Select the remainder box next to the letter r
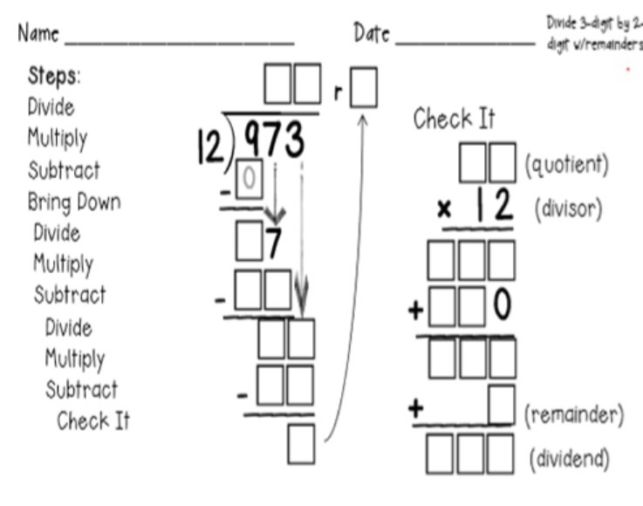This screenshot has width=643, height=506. pyautogui.click(x=364, y=89)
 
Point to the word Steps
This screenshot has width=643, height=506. pyautogui.click(x=54, y=76)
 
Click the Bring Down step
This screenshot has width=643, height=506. pyautogui.click(x=74, y=202)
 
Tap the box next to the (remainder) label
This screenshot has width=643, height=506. pyautogui.click(x=499, y=405)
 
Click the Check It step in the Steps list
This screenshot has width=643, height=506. pyautogui.click(x=92, y=421)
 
